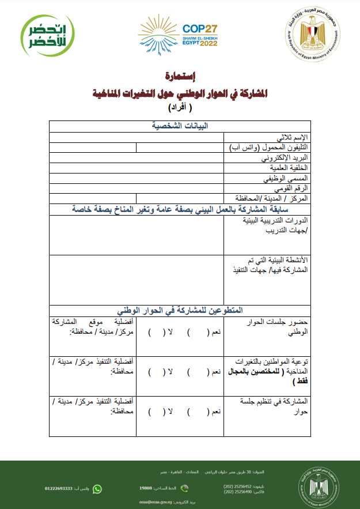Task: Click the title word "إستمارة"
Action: (x=180, y=76)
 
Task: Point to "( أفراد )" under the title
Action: (x=180, y=108)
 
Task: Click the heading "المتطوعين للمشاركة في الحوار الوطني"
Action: (x=180, y=310)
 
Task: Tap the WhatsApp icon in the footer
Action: (x=97, y=489)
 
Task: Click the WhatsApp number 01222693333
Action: (x=59, y=489)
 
